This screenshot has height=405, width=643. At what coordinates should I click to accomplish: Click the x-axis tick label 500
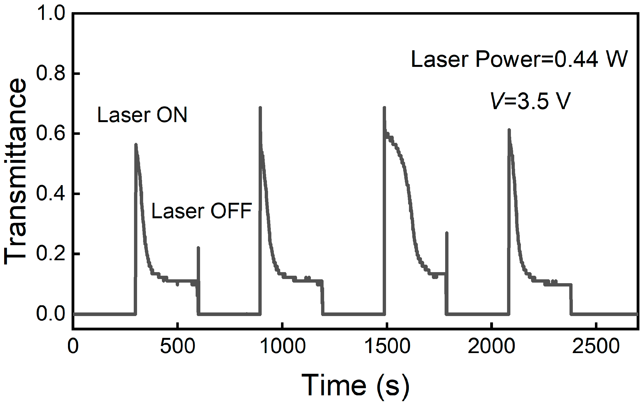point(177,346)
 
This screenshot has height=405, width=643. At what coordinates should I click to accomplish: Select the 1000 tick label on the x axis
point(282,346)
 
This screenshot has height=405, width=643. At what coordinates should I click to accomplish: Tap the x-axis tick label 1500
point(387,346)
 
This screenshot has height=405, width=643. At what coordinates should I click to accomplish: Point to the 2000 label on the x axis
point(492,346)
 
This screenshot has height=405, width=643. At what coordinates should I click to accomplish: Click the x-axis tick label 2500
point(596,346)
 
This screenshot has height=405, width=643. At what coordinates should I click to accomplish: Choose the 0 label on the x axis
point(73,346)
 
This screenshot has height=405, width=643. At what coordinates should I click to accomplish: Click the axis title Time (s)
point(355,386)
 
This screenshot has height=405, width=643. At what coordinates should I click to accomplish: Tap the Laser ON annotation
point(142,115)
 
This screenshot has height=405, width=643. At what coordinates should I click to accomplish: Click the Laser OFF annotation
point(202,211)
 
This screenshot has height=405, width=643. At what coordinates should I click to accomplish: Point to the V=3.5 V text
point(530,101)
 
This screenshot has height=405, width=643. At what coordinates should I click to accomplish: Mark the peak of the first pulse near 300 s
point(136,144)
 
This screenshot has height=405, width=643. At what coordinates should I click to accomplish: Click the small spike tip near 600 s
point(198,248)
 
